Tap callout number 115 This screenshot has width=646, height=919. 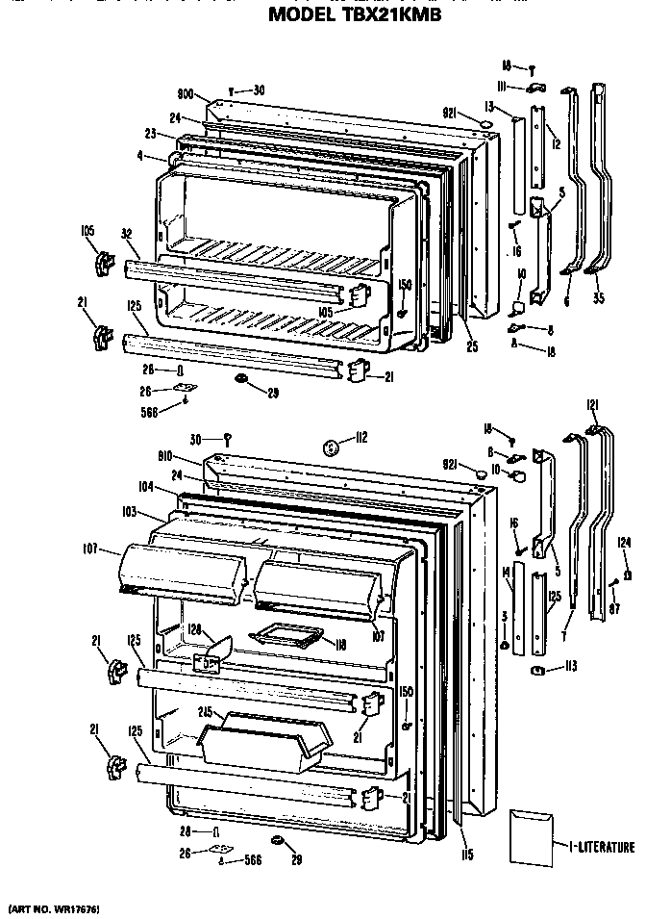[x=466, y=853]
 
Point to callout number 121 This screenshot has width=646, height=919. [x=593, y=403]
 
